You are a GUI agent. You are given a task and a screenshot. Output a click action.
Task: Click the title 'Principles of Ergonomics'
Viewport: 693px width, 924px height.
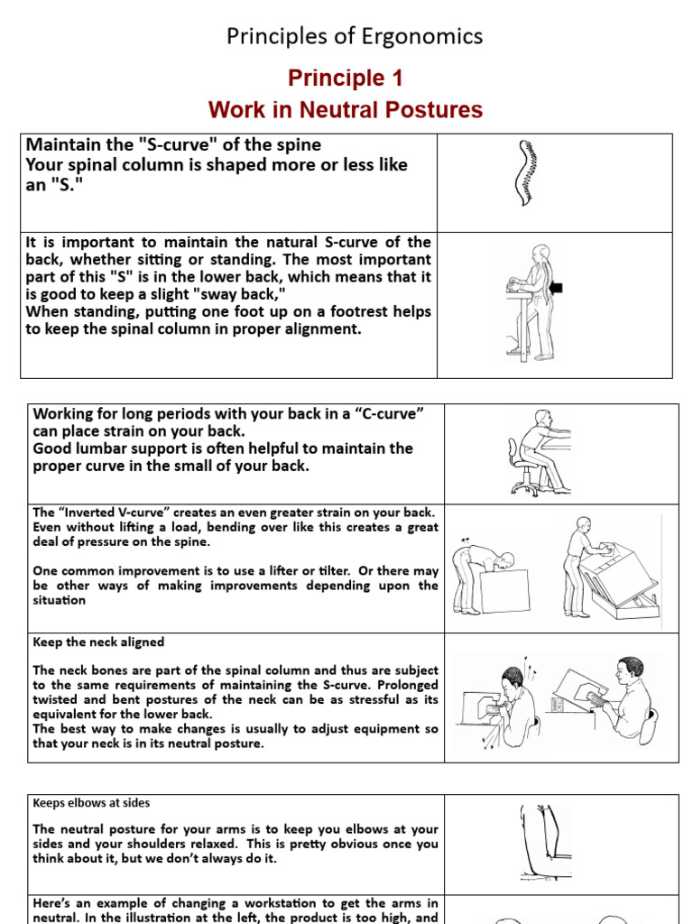[354, 36]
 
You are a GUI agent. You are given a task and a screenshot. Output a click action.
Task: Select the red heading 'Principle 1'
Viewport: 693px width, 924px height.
[345, 79]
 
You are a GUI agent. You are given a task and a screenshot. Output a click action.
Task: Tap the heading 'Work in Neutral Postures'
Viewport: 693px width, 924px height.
[345, 110]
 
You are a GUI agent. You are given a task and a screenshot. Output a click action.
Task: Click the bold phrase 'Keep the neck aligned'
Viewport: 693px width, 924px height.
[98, 642]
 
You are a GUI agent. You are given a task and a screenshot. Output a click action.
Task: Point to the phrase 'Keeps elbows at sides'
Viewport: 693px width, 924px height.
[91, 802]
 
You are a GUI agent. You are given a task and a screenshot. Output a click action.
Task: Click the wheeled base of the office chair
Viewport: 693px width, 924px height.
[527, 487]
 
